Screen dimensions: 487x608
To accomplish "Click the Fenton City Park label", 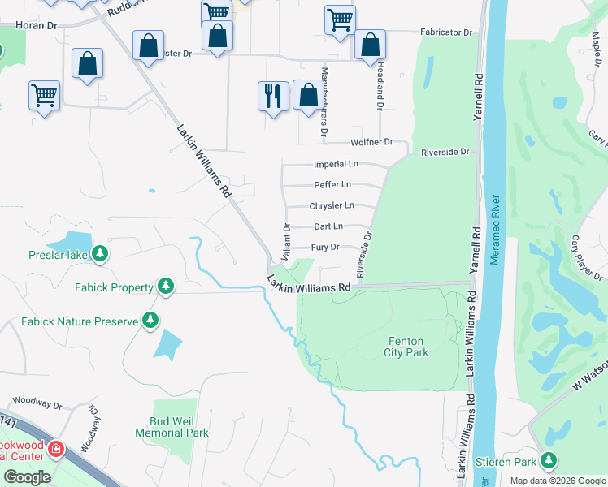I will point(406,347).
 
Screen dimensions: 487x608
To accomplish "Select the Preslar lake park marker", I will point(100,255).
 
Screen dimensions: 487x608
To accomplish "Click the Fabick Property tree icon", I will point(166,287).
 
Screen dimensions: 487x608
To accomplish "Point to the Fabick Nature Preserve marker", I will point(150,321).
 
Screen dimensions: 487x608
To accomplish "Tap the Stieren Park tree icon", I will point(549,461).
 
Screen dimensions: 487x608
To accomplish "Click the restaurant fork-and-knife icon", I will point(273,96).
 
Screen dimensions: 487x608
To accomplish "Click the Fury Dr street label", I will point(324,247).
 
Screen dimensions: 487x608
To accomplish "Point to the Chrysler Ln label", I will point(332,206).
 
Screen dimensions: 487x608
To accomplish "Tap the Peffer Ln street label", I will point(332,185).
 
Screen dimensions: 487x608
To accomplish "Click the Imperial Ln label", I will point(331,165).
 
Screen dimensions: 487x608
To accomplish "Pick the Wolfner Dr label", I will point(371,143).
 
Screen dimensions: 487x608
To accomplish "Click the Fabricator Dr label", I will point(446,32).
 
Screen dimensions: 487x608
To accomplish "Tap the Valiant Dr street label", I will point(286,237).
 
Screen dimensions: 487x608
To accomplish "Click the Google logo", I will point(27,477).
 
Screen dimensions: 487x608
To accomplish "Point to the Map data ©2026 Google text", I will point(557,481).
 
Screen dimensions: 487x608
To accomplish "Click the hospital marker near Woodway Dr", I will point(55,448).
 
